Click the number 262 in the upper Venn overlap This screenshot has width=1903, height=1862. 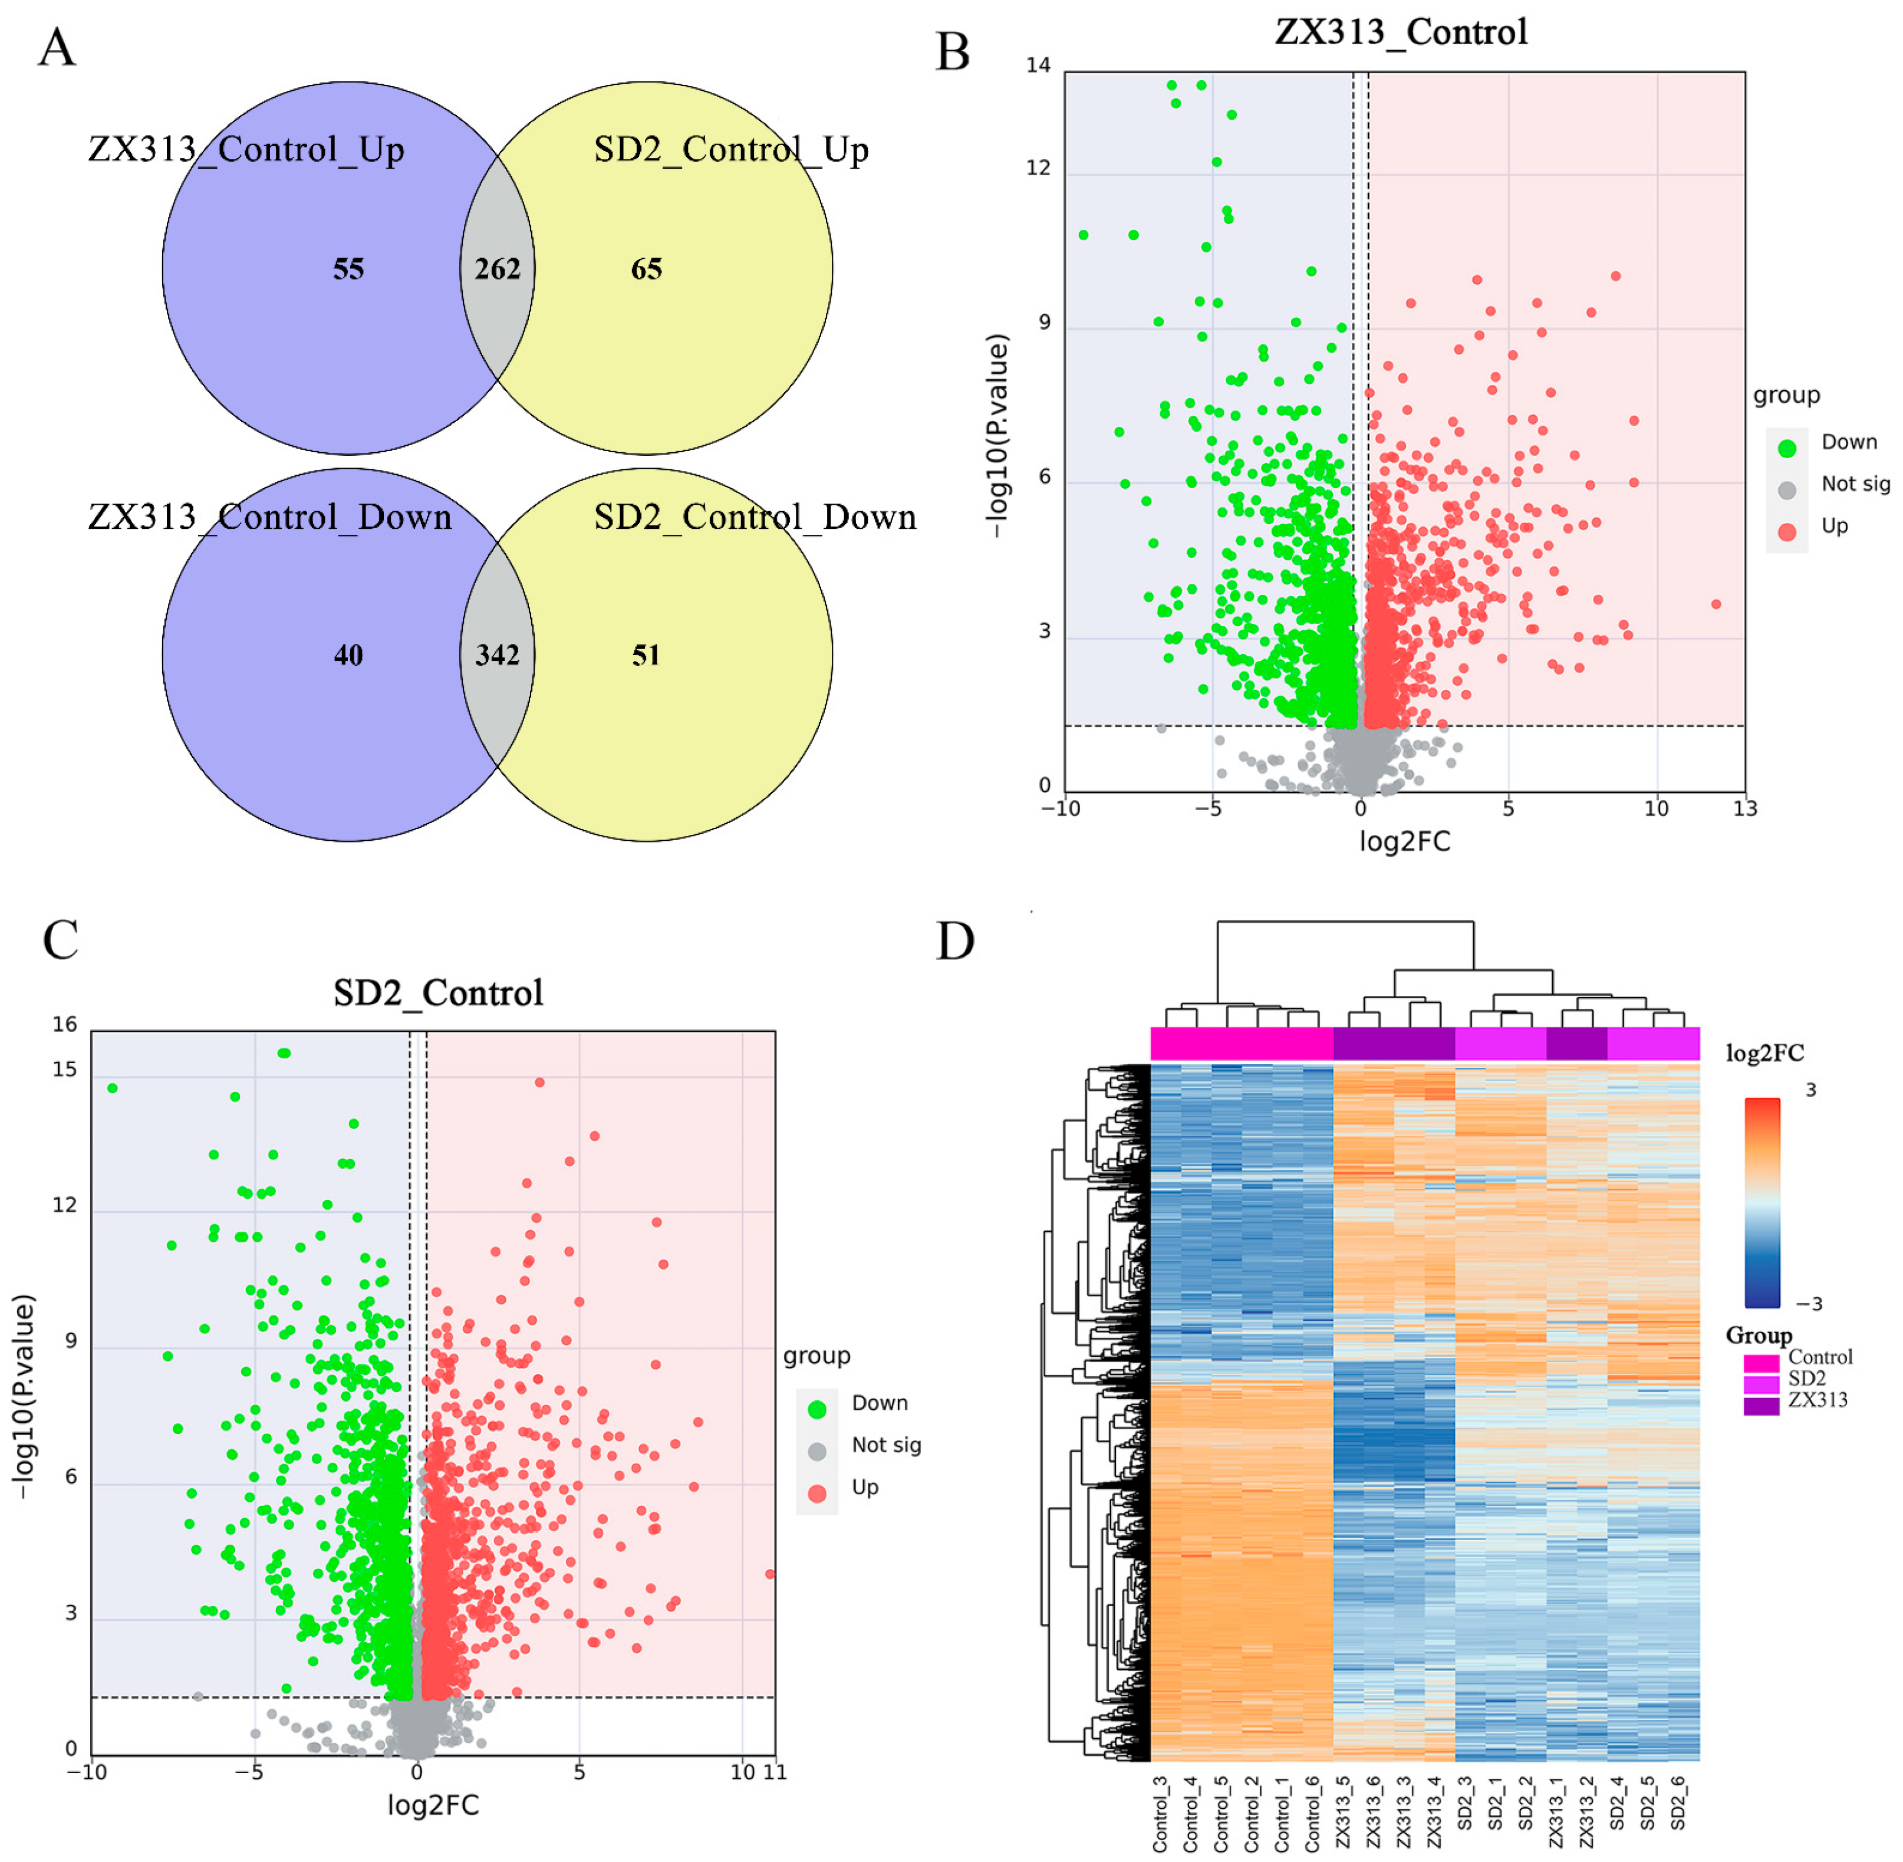(497, 269)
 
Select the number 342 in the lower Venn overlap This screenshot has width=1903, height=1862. (497, 654)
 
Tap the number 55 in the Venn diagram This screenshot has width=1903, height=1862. (348, 269)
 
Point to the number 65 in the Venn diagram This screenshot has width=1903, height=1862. (646, 269)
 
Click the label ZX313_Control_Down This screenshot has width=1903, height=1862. (270, 517)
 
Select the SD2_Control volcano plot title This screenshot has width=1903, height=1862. (438, 992)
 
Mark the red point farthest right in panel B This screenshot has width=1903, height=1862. (1716, 604)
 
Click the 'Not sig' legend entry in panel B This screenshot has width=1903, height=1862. (1854, 484)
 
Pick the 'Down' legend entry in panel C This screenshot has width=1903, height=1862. (879, 1403)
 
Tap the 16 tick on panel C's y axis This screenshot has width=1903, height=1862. (64, 1024)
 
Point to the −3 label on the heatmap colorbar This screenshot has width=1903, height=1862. (1809, 1304)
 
